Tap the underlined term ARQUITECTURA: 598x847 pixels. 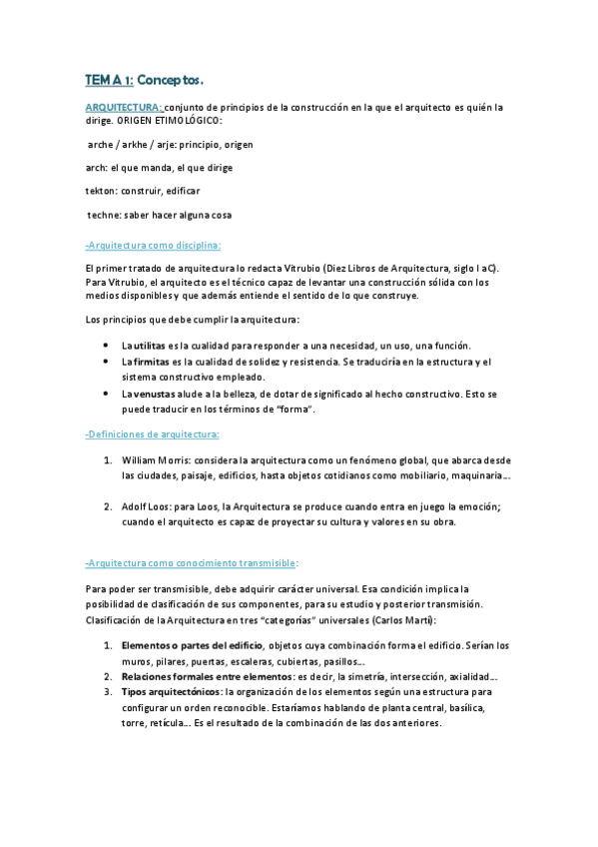[x=123, y=106]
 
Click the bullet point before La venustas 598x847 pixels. [x=107, y=394]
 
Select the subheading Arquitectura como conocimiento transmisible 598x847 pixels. [x=191, y=562]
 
